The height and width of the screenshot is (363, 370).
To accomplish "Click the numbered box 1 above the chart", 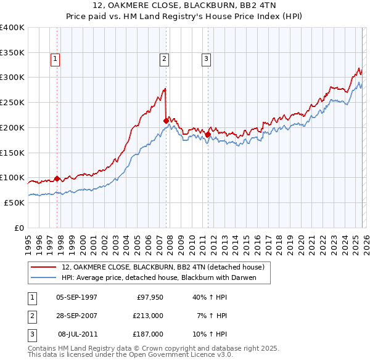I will (x=55, y=59).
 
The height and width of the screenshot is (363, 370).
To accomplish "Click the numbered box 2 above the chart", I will (x=164, y=59).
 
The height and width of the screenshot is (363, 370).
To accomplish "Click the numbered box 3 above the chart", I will (x=205, y=59).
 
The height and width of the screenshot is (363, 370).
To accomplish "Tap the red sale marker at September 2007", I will (x=166, y=121).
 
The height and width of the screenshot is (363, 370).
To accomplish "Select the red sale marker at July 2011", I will (x=208, y=134).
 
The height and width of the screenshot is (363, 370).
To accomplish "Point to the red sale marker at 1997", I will (x=57, y=178).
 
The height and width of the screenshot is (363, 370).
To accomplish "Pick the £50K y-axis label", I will (x=14, y=202).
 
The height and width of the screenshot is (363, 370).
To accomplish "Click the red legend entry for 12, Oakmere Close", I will (x=163, y=267).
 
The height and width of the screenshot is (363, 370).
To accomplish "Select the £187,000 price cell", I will (x=147, y=334).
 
